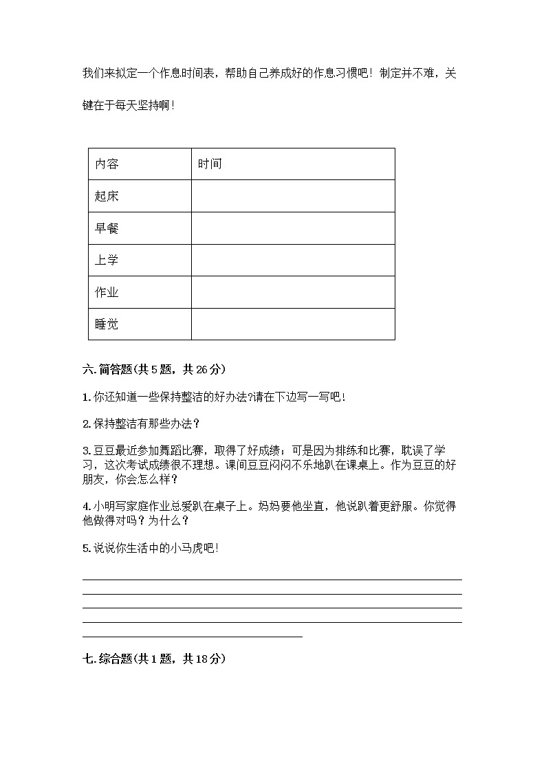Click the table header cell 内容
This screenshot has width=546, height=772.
(x=107, y=164)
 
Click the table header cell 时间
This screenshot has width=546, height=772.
(x=209, y=164)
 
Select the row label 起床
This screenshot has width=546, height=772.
(x=107, y=197)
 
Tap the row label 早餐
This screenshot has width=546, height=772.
(x=107, y=228)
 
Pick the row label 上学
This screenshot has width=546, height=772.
(x=107, y=261)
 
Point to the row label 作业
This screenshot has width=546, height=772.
(x=107, y=292)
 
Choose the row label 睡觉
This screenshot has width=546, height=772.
(x=107, y=324)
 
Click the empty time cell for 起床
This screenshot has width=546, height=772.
(x=293, y=197)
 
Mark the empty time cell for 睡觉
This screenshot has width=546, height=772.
(x=293, y=324)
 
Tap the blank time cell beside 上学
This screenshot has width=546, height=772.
(x=293, y=261)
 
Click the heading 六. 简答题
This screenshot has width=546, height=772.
(x=107, y=369)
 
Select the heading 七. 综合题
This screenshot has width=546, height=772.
(x=107, y=659)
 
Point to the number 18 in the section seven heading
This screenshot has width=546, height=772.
(x=202, y=659)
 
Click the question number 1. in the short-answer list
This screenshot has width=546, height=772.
(x=86, y=397)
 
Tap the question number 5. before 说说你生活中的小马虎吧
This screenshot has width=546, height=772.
(x=86, y=548)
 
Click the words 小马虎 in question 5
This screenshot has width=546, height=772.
(x=186, y=548)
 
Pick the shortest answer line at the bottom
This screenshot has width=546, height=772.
(x=192, y=637)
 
